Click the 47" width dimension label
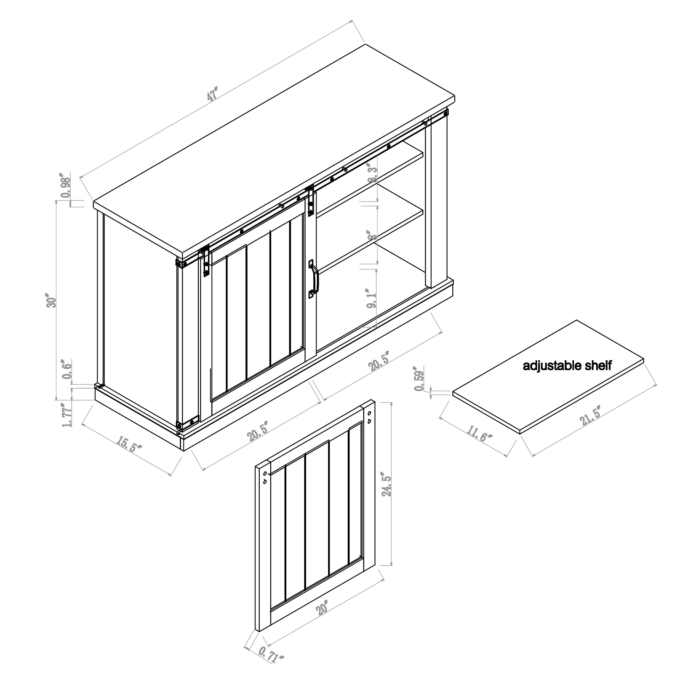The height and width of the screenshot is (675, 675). tap(212, 94)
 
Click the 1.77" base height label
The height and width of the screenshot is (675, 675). tap(67, 414)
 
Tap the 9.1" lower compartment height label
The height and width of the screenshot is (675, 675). tap(372, 298)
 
